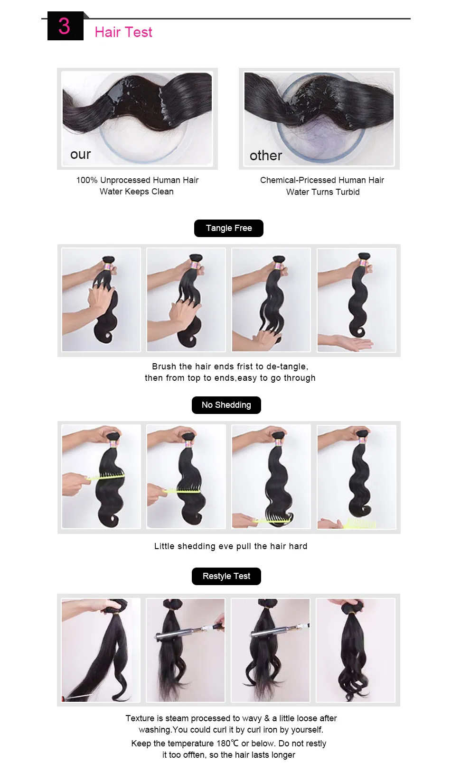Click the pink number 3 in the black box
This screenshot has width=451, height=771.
pos(65,26)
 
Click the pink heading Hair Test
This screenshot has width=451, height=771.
pos(123,32)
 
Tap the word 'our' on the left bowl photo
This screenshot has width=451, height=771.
pos(80,155)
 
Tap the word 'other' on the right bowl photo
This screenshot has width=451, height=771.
pos(266,156)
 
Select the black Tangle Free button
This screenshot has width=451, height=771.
pos(228,228)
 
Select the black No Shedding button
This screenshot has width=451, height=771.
pos(226,405)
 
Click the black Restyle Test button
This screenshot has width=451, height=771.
pos(226,576)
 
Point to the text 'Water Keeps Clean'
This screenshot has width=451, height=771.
pos(137,192)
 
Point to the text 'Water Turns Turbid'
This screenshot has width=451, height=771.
pos(323,192)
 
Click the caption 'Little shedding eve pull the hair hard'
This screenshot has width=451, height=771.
pos(231,546)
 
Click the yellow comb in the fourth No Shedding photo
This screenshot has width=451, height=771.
pos(358,523)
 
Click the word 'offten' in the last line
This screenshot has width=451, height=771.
pos(194,755)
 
